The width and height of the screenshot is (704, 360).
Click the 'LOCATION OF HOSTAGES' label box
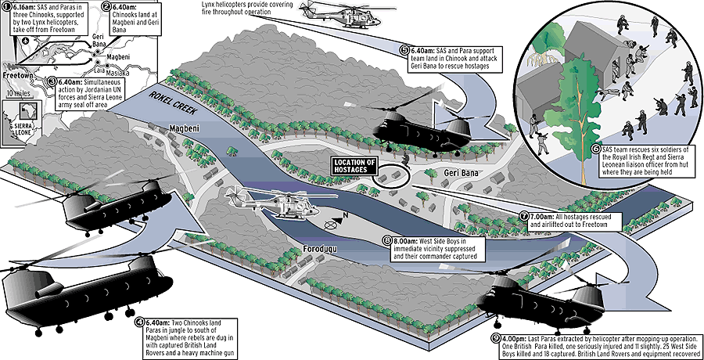354,166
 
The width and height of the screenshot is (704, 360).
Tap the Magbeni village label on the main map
184,129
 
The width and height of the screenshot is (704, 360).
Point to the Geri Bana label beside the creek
460,173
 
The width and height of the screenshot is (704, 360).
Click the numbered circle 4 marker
140,323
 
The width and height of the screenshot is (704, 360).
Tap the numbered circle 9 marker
496,338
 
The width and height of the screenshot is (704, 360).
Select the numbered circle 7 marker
524,217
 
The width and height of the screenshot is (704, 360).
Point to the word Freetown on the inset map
17,75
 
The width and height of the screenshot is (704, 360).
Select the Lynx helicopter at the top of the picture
342,14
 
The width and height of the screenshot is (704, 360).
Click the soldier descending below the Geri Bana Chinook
405,160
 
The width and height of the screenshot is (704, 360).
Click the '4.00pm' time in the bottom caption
512,338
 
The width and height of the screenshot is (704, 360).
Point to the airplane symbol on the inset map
25,41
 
